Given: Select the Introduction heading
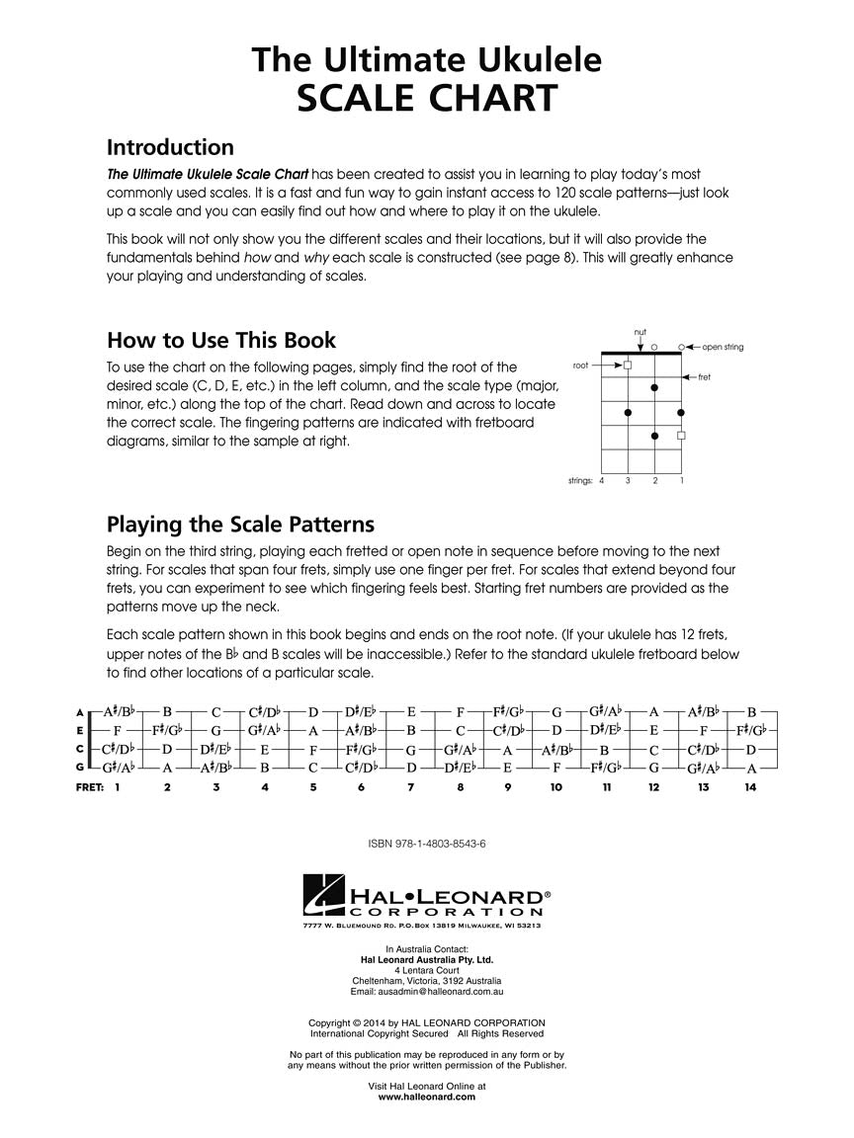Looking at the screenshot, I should [x=170, y=147].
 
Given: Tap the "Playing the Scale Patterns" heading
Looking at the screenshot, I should [x=240, y=523].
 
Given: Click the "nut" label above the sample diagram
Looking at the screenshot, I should [x=640, y=332].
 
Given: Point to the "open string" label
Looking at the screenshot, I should [x=723, y=347].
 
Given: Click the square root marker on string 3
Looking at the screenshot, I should [x=628, y=366].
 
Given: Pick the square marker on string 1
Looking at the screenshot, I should [x=681, y=435].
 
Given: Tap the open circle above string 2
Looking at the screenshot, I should [x=654, y=347].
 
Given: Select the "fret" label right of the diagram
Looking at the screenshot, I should [x=705, y=377].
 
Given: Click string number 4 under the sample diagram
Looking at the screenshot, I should [x=601, y=480].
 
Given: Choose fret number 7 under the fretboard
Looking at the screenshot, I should [x=410, y=787].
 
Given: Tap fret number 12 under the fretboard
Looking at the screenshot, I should [x=653, y=787].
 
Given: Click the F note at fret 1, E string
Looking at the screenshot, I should [x=118, y=731].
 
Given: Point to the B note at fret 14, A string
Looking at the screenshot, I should [x=751, y=712].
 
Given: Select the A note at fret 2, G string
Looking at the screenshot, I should [x=167, y=768].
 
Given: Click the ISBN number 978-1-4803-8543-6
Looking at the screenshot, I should [x=427, y=845].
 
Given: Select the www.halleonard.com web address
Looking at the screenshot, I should [x=427, y=1096].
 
